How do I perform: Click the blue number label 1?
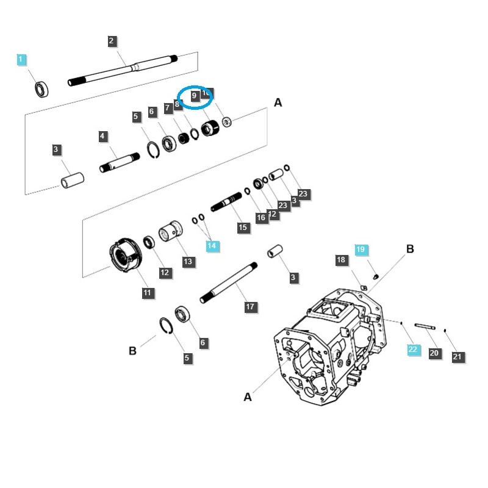21,59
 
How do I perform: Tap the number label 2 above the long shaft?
112,41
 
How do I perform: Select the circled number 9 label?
194,96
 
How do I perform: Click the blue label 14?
212,246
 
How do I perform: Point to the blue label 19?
361,249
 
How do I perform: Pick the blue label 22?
413,349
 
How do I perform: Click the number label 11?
147,293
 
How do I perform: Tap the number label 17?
250,307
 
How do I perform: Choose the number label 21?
457,357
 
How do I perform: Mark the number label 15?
243,228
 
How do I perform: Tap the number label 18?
341,260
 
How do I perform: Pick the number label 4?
103,136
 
